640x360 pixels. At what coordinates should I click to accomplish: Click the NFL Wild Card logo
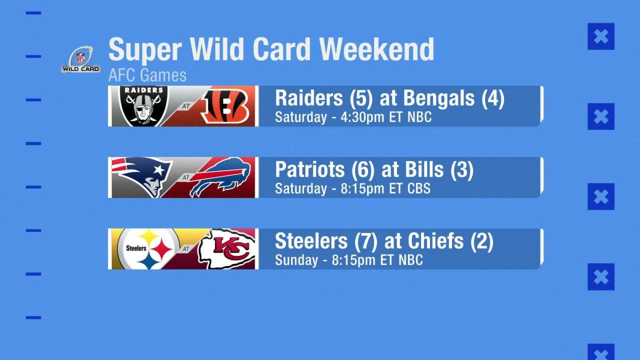point(80,59)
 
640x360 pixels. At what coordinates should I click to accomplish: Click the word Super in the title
point(145,49)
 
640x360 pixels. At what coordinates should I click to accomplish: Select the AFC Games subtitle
point(147,75)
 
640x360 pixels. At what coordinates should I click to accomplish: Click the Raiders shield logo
point(143,105)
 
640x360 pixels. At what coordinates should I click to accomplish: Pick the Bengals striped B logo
point(224,106)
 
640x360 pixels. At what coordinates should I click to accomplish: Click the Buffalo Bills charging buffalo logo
point(220,176)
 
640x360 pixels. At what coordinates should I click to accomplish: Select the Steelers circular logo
point(148,249)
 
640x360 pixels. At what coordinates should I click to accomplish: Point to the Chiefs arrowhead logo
point(226,249)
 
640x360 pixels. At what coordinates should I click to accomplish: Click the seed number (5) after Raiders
point(361,98)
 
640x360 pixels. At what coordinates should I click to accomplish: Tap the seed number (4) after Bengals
point(493,98)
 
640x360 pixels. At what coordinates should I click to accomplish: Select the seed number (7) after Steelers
point(366,241)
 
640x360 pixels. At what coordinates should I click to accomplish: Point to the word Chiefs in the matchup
point(435,241)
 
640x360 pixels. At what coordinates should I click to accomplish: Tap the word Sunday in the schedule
point(296,260)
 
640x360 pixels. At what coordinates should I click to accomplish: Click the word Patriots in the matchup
point(309,169)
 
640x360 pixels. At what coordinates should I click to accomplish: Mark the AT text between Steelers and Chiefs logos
point(186,249)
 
